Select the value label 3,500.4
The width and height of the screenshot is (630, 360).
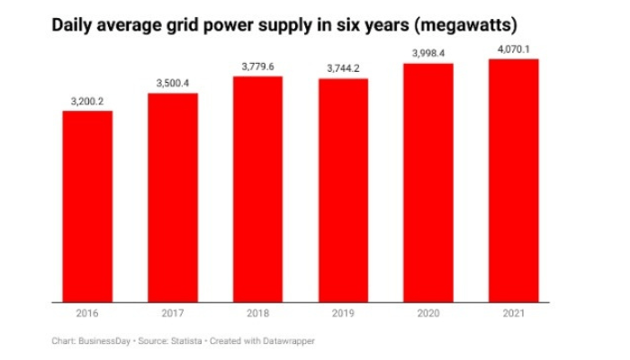coord(173,84)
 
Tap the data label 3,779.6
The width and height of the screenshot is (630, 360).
coord(257,67)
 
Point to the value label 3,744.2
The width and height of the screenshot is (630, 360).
coord(343,69)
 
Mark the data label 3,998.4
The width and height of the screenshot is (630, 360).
coord(428,54)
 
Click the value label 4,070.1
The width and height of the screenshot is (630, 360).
coord(514,49)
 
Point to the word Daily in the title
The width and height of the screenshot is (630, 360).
coord(73,23)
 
